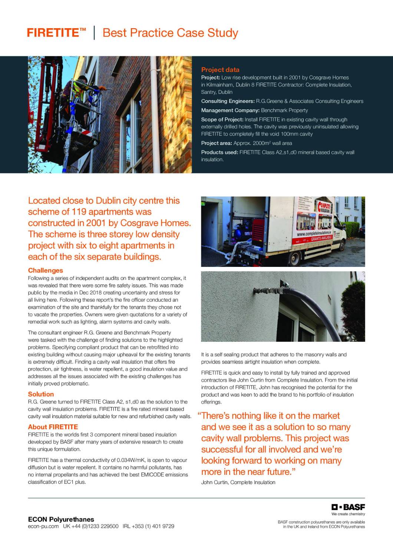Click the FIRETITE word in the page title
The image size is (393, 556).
[52, 33]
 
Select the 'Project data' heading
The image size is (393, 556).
[220, 70]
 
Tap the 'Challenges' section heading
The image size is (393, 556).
[46, 271]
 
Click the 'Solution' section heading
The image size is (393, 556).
[41, 394]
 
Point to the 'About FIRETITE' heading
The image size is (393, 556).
[53, 427]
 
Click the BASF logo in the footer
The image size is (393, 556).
[348, 507]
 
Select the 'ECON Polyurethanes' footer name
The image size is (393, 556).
[61, 519]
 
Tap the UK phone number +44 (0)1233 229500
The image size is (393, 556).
[91, 526]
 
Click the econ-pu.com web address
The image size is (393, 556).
[43, 526]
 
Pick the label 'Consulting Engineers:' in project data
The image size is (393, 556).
[228, 101]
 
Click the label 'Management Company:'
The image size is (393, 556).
[230, 110]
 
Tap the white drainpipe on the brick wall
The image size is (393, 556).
[155, 111]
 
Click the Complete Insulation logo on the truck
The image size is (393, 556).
[325, 206]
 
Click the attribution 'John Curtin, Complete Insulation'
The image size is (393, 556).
[238, 482]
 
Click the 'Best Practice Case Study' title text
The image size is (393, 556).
[170, 33]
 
